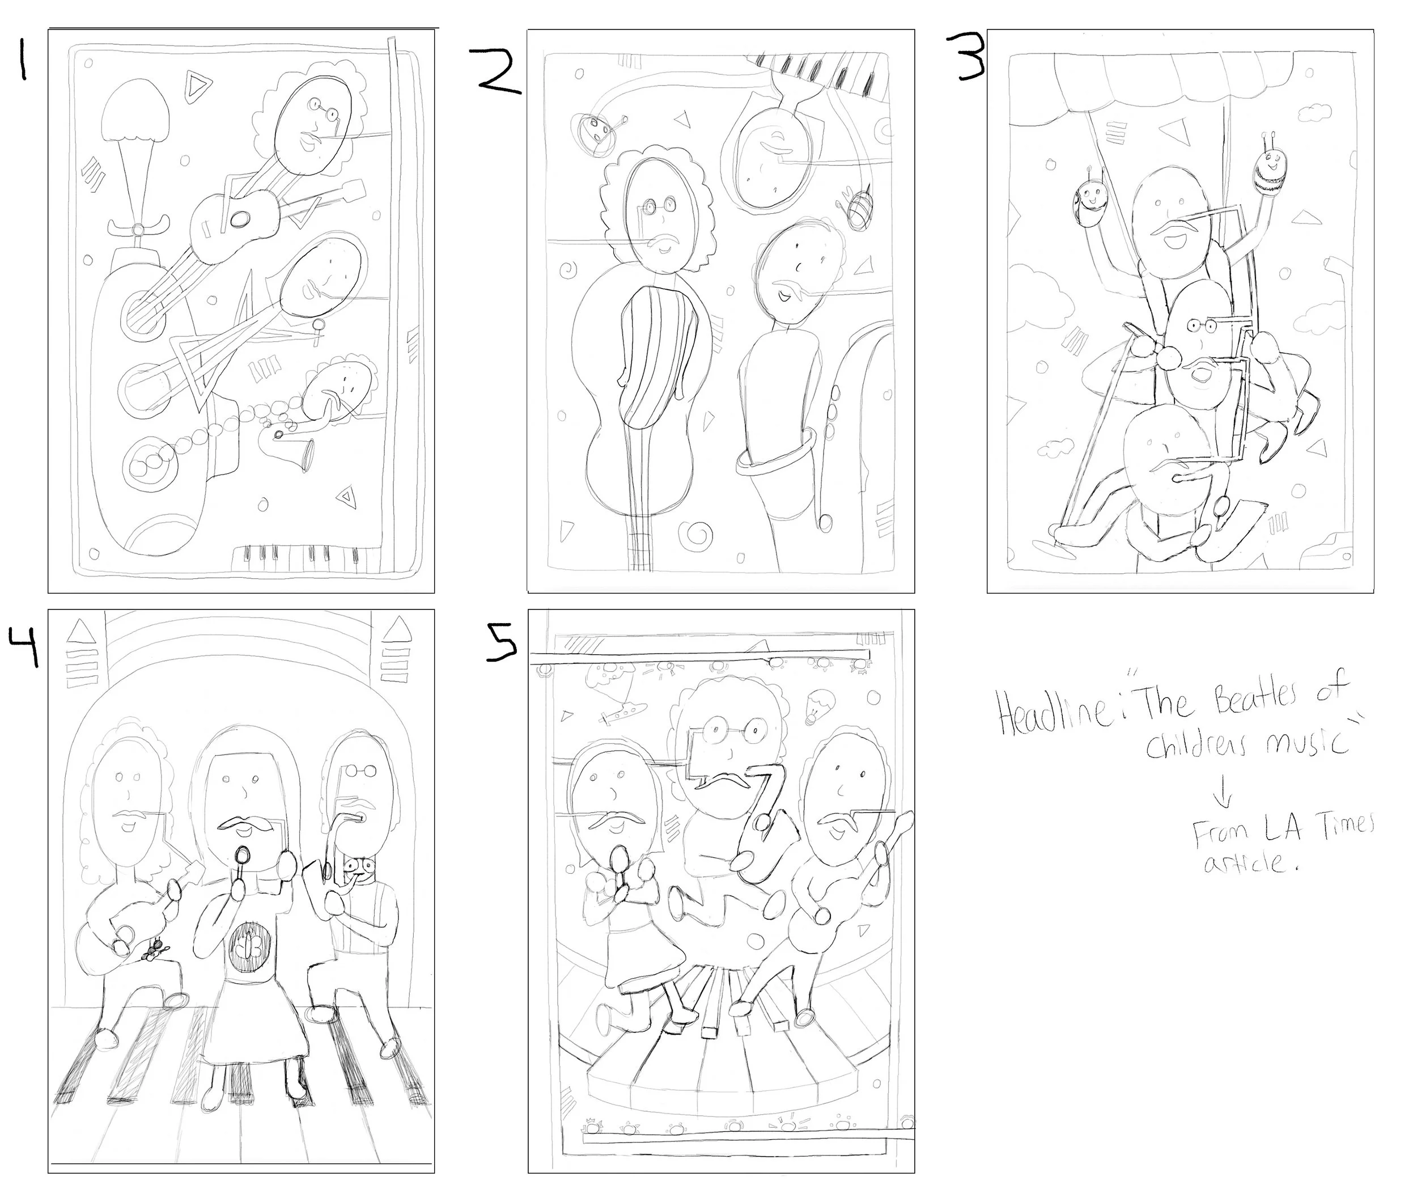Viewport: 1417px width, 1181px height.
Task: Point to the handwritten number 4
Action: (24, 644)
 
